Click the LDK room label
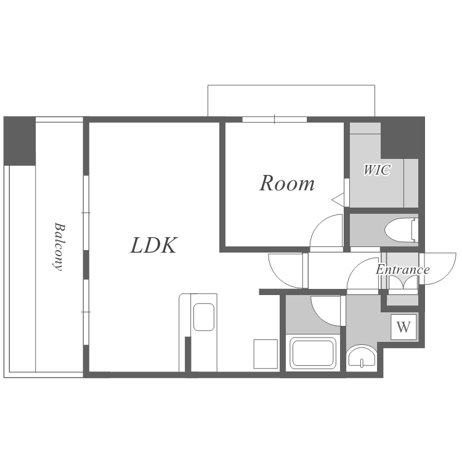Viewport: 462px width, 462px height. [x=154, y=245]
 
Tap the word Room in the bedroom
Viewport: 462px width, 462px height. [x=287, y=184]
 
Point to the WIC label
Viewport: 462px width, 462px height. [x=377, y=170]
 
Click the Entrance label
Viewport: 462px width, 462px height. [x=402, y=270]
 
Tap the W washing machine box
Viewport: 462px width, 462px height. [x=403, y=326]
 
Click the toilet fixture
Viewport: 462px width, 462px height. [x=401, y=230]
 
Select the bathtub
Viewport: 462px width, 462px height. [x=313, y=353]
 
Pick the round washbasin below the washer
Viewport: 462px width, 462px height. [x=362, y=358]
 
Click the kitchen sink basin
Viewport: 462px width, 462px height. [x=204, y=317]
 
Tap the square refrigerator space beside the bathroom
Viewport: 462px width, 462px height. [x=265, y=354]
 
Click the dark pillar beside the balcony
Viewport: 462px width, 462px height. [x=20, y=141]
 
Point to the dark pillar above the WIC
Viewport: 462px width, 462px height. [x=403, y=137]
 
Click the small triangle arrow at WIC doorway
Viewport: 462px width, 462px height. [x=338, y=200]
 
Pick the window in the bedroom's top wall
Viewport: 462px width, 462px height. [x=274, y=120]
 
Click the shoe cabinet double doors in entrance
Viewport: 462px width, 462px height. [x=403, y=283]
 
